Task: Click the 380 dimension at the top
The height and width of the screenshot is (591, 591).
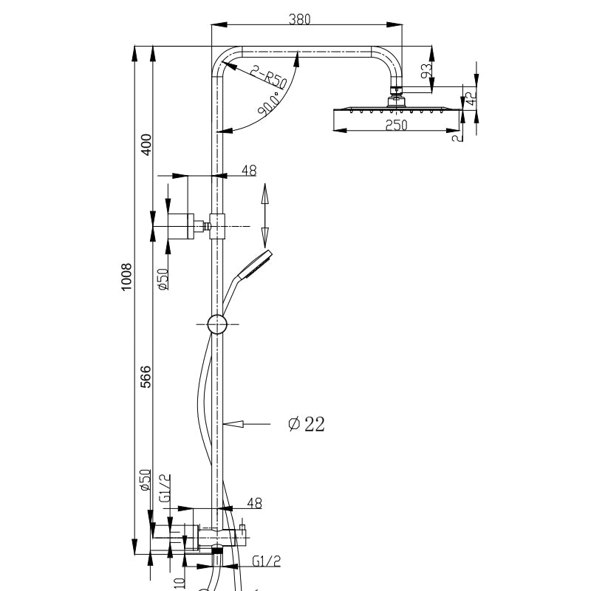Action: pyautogui.click(x=299, y=19)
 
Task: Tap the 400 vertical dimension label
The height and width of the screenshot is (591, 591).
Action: pyautogui.click(x=146, y=143)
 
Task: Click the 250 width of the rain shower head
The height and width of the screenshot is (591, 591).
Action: pyautogui.click(x=396, y=125)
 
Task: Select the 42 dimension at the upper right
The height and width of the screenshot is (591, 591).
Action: pyautogui.click(x=470, y=95)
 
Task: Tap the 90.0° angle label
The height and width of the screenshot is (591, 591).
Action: pyautogui.click(x=270, y=104)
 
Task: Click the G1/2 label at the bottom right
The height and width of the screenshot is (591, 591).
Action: pyautogui.click(x=266, y=561)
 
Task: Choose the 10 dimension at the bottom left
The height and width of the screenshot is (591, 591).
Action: pyautogui.click(x=178, y=582)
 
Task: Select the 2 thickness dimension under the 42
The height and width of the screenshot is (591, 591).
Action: pyautogui.click(x=459, y=135)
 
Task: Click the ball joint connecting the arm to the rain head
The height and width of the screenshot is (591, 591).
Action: pyautogui.click(x=397, y=95)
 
